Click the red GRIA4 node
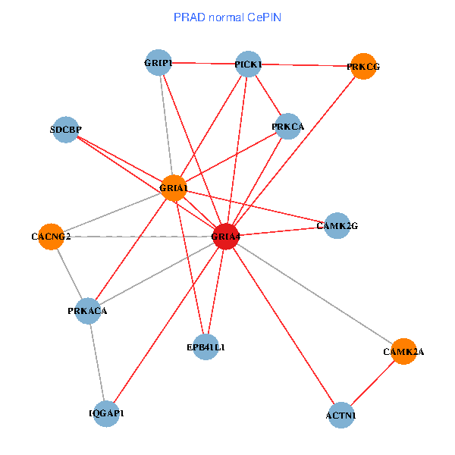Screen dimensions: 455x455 tap(226, 237)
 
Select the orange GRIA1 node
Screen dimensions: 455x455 tap(174, 188)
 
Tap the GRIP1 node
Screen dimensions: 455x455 tap(158, 63)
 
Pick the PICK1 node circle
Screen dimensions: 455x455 tap(248, 64)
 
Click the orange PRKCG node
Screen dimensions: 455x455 tap(364, 67)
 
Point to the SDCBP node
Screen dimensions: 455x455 tap(67, 130)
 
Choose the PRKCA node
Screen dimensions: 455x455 tap(287, 127)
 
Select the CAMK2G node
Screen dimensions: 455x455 tap(337, 225)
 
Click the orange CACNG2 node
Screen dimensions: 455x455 tap(51, 237)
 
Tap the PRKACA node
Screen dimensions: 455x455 tap(88, 310)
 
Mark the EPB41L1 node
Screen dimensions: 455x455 tap(206, 347)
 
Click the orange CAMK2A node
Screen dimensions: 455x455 tap(403, 352)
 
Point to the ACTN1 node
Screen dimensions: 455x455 tap(340, 415)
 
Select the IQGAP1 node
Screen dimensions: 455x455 tap(106, 413)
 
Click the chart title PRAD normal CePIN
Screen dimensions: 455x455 tap(227, 17)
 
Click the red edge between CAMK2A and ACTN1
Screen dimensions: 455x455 tap(372, 384)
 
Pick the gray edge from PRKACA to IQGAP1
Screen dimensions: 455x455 tap(97, 362)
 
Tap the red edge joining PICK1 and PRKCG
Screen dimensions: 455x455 tap(306, 65)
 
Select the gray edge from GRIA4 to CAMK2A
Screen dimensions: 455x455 tap(315, 294)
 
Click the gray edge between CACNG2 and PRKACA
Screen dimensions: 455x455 tap(69, 273)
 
